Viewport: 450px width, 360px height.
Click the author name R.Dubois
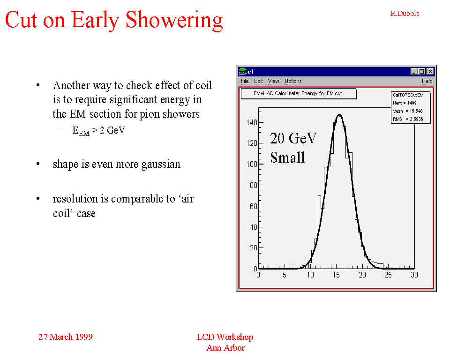point(405,14)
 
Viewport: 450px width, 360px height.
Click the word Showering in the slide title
point(174,20)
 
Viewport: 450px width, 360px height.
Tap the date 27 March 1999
point(66,337)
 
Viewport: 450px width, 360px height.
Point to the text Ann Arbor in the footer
point(225,348)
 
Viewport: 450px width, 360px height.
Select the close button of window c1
point(430,71)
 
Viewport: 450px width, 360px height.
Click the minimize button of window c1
point(414,71)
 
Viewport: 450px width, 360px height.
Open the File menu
point(245,81)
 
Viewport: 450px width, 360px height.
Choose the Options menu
point(293,81)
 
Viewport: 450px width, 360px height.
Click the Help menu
point(427,81)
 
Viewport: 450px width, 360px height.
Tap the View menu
point(273,81)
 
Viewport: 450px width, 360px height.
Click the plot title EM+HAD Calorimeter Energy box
point(299,94)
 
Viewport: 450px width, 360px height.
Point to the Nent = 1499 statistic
point(405,103)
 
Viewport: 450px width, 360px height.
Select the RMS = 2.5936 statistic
point(408,119)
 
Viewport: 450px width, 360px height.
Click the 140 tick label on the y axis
point(252,123)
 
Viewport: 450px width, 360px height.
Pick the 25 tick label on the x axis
point(388,275)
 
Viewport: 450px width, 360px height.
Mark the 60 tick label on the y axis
point(254,206)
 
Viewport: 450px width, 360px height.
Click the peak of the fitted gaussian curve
point(339,115)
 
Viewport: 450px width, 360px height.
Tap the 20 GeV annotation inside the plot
point(293,138)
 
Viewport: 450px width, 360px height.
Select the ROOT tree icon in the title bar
point(243,71)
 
